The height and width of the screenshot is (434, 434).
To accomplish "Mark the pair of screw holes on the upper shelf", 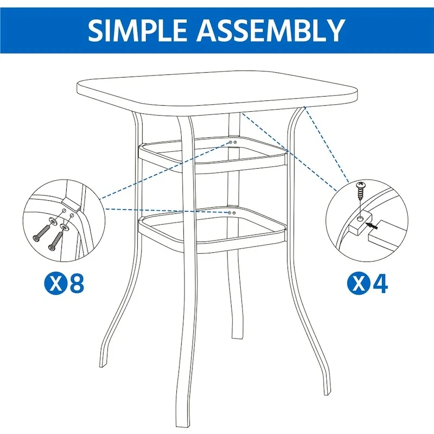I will (232, 142).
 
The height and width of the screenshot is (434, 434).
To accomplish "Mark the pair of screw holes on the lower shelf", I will (231, 213).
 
